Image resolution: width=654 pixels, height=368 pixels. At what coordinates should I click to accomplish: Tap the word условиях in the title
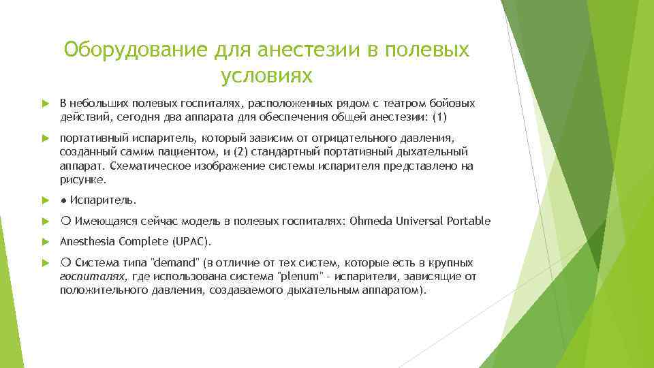click(x=266, y=76)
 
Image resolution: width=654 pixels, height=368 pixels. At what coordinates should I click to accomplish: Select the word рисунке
click(x=82, y=180)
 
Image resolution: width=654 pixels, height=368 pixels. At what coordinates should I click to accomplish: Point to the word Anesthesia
click(x=87, y=241)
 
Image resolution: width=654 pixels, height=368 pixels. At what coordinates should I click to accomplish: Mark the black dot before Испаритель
click(x=63, y=201)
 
